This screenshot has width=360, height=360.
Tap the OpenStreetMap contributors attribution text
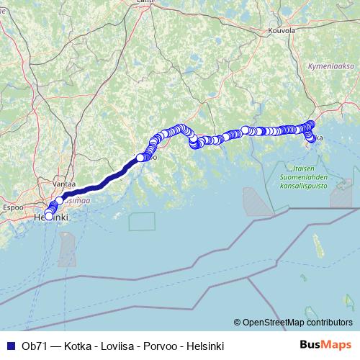tap(294, 323)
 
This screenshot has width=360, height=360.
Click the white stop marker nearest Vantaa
tap(60, 201)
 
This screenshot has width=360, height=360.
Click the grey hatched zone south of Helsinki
tap(67, 248)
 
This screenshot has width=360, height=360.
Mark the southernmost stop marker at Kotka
tap(312, 141)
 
